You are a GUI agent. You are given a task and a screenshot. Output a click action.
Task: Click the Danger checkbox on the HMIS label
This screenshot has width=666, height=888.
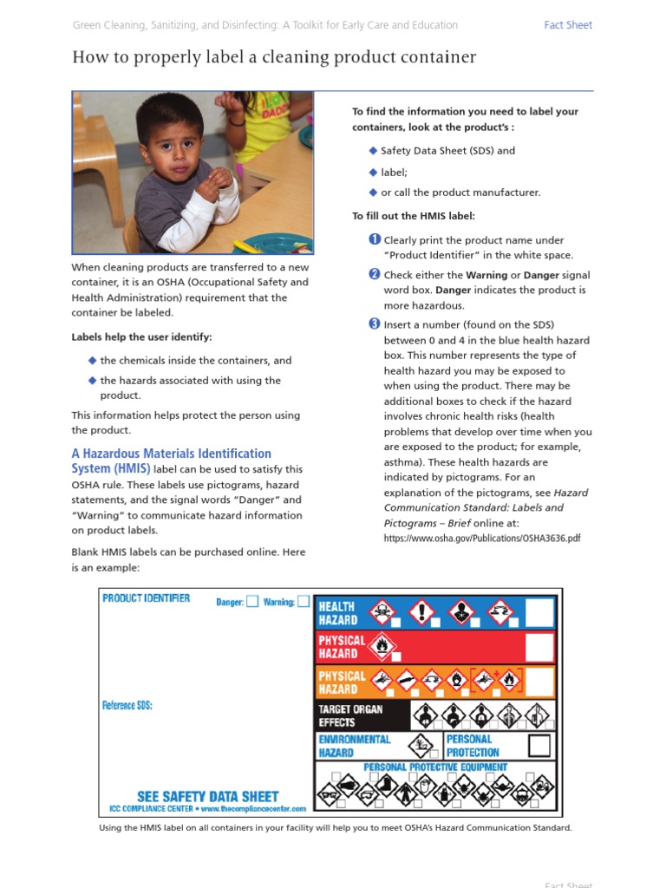click(x=251, y=601)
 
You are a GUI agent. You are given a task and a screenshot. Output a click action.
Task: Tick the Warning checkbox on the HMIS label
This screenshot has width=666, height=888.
click(x=304, y=601)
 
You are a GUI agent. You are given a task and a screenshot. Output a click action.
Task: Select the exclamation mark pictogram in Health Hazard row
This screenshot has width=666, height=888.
click(x=422, y=610)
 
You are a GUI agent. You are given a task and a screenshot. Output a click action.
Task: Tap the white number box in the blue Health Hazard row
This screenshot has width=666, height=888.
click(x=539, y=612)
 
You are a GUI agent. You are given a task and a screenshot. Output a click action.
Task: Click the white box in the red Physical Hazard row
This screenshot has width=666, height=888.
click(x=539, y=647)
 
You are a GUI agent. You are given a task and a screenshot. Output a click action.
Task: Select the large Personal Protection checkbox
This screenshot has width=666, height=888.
click(x=539, y=746)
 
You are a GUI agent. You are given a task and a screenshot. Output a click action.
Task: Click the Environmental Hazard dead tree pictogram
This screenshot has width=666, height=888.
click(x=422, y=745)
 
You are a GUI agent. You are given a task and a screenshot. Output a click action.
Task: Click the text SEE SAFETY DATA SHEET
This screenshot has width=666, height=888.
click(x=208, y=796)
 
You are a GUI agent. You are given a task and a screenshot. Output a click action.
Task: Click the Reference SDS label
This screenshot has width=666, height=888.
click(x=127, y=705)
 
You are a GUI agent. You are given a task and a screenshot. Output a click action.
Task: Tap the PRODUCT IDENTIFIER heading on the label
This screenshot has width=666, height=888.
click(x=146, y=598)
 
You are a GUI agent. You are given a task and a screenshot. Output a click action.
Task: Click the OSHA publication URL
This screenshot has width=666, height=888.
click(x=482, y=539)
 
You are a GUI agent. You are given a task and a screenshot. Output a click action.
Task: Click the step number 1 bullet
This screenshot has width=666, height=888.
click(x=375, y=239)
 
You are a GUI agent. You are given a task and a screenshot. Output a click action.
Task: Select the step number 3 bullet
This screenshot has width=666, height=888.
click(x=375, y=324)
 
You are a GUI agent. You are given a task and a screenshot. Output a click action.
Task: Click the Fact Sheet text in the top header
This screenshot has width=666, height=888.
click(x=568, y=25)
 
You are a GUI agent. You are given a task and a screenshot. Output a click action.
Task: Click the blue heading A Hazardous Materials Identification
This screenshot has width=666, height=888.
click(x=171, y=454)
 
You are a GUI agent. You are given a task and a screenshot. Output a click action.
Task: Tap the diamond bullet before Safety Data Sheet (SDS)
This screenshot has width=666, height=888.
click(x=373, y=150)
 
